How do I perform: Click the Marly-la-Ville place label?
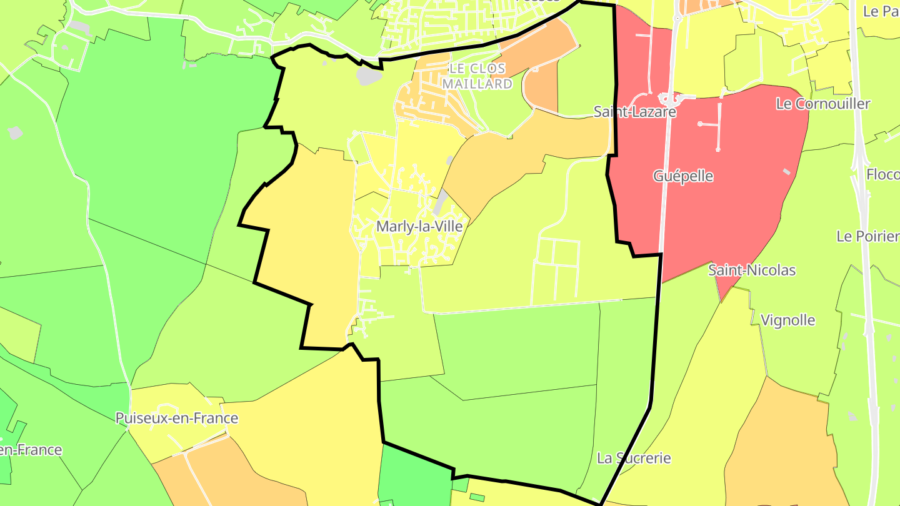pos(419,226)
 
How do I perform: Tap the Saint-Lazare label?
pos(634,112)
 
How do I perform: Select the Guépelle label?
pos(683,176)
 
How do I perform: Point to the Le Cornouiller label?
pos(822,104)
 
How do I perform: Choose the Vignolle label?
pos(787,320)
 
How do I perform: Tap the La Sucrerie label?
pos(634,458)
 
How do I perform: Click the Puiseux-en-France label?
pos(177,418)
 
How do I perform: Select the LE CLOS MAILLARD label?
pos(477,76)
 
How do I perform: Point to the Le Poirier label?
pos(867,236)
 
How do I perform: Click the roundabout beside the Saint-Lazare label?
pos(668,98)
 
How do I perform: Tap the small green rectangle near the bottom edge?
pos(477,497)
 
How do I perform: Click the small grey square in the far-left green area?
pos(15,132)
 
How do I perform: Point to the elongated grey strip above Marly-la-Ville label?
pos(441,201)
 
